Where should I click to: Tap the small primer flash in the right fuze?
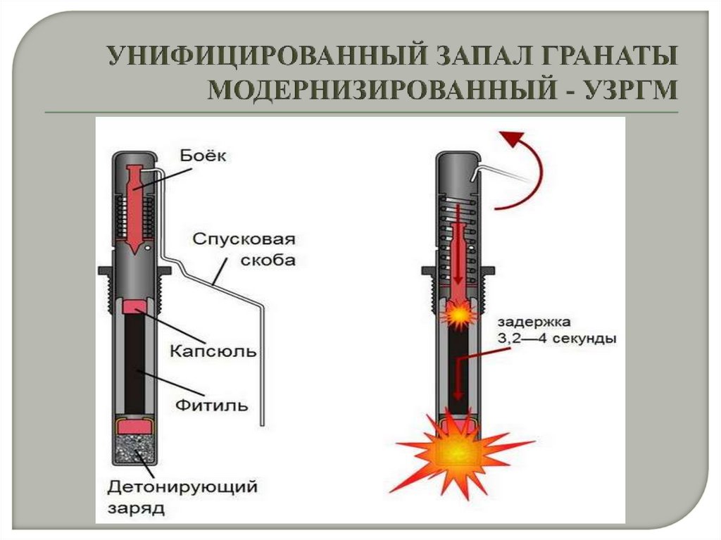tap(458, 315)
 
